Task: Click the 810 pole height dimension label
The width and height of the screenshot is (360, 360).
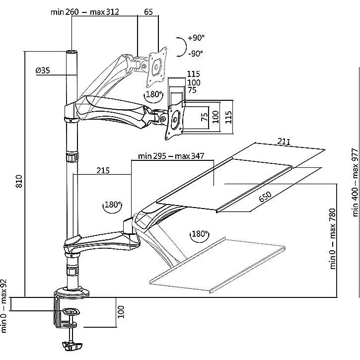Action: click(19, 181)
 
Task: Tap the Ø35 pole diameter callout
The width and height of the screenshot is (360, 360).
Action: click(43, 70)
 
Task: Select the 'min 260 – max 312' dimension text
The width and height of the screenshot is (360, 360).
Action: click(85, 12)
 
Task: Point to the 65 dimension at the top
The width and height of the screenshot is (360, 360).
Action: click(148, 12)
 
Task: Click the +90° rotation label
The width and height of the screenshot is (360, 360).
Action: click(196, 37)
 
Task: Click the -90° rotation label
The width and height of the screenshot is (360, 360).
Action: click(196, 54)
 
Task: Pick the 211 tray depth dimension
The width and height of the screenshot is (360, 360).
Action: click(284, 141)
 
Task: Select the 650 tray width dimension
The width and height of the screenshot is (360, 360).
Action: click(265, 197)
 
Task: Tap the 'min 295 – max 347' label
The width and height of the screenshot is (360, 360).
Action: click(171, 156)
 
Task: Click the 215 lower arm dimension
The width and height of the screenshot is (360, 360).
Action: click(103, 171)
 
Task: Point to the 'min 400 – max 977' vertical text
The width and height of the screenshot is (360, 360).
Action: click(355, 183)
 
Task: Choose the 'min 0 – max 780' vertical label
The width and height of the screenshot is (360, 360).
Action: click(333, 239)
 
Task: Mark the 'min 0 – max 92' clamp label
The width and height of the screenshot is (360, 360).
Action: click(4, 306)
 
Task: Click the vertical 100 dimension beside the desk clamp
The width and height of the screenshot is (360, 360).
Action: click(121, 312)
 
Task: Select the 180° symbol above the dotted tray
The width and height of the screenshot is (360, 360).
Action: click(200, 234)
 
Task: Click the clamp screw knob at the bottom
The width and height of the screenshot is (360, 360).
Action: click(72, 346)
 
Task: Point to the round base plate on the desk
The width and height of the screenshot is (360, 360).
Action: click(72, 293)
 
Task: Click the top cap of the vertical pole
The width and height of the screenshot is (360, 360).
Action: click(72, 52)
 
